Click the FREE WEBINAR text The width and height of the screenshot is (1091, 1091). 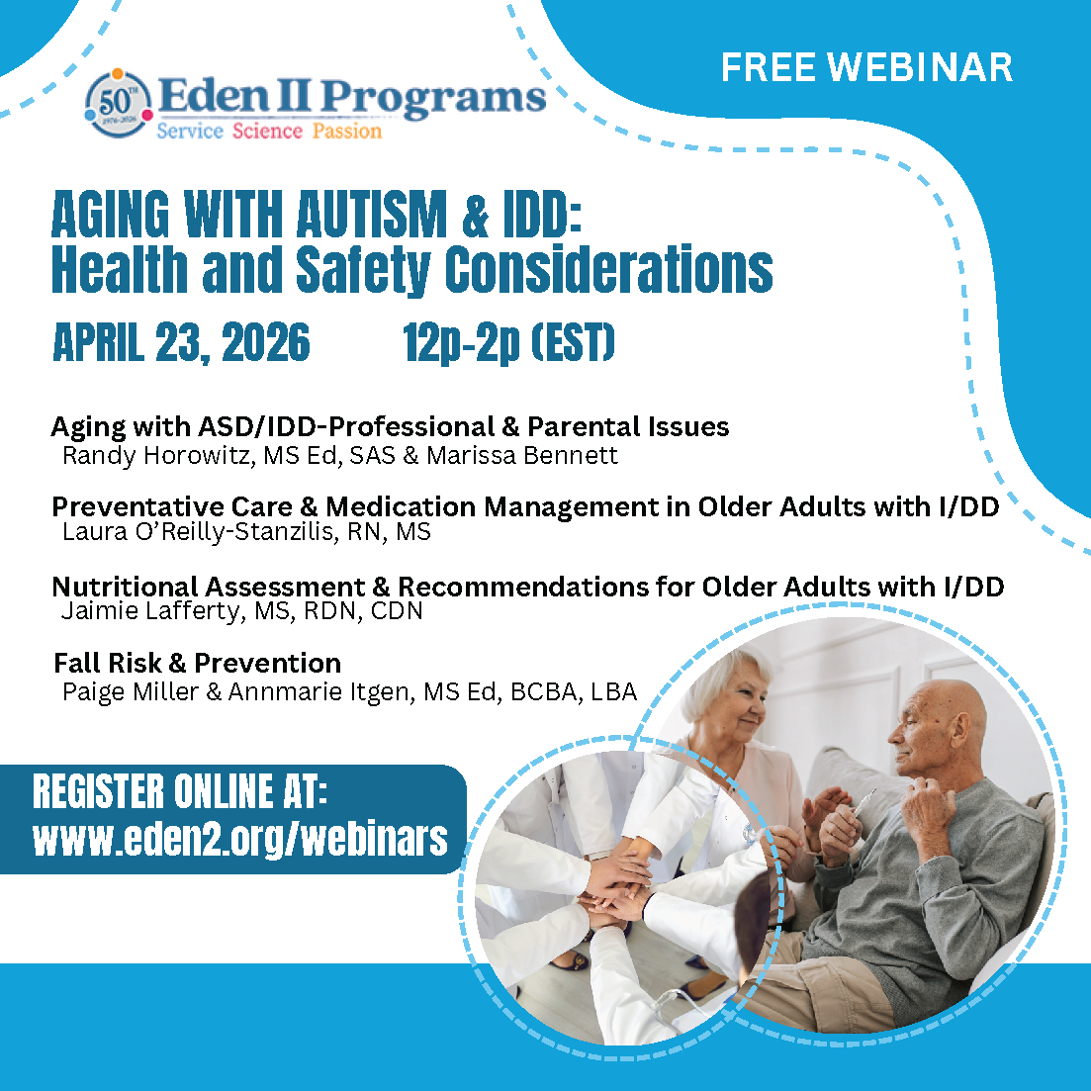point(866,67)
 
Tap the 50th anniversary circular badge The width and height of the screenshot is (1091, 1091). point(117,104)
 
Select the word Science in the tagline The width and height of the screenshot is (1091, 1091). point(267,131)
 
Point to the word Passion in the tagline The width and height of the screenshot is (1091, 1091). point(346,131)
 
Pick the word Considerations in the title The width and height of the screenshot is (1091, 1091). point(609,270)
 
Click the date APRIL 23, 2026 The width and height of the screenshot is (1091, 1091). point(182,342)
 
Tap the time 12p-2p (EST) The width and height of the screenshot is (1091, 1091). point(508,342)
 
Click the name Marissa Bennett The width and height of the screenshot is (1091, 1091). point(522,455)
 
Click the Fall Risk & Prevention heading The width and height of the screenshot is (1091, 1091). point(198,663)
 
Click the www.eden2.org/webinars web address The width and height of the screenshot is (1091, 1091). point(240,838)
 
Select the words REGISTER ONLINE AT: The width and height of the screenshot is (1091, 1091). point(179,792)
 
